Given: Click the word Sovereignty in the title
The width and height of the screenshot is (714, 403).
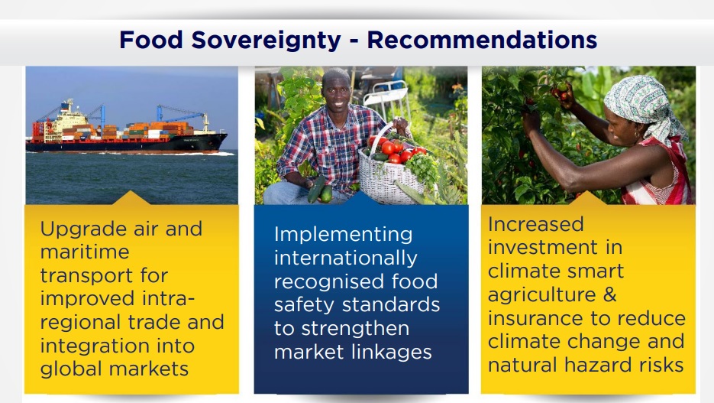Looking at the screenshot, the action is click(x=266, y=40).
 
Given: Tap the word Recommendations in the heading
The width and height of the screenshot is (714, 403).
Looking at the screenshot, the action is click(x=482, y=40).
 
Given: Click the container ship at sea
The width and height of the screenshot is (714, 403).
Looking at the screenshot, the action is click(x=127, y=128).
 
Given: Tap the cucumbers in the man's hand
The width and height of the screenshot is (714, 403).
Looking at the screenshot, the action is click(x=320, y=190).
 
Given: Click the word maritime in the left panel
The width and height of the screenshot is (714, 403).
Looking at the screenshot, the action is click(x=85, y=252).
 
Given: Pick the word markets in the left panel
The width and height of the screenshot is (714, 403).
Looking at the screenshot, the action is click(x=149, y=369).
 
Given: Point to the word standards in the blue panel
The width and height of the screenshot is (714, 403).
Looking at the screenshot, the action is click(x=391, y=304).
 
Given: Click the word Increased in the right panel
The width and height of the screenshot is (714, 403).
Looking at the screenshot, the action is click(x=535, y=224).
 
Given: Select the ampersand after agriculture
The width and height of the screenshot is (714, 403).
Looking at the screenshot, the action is click(x=610, y=294).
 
